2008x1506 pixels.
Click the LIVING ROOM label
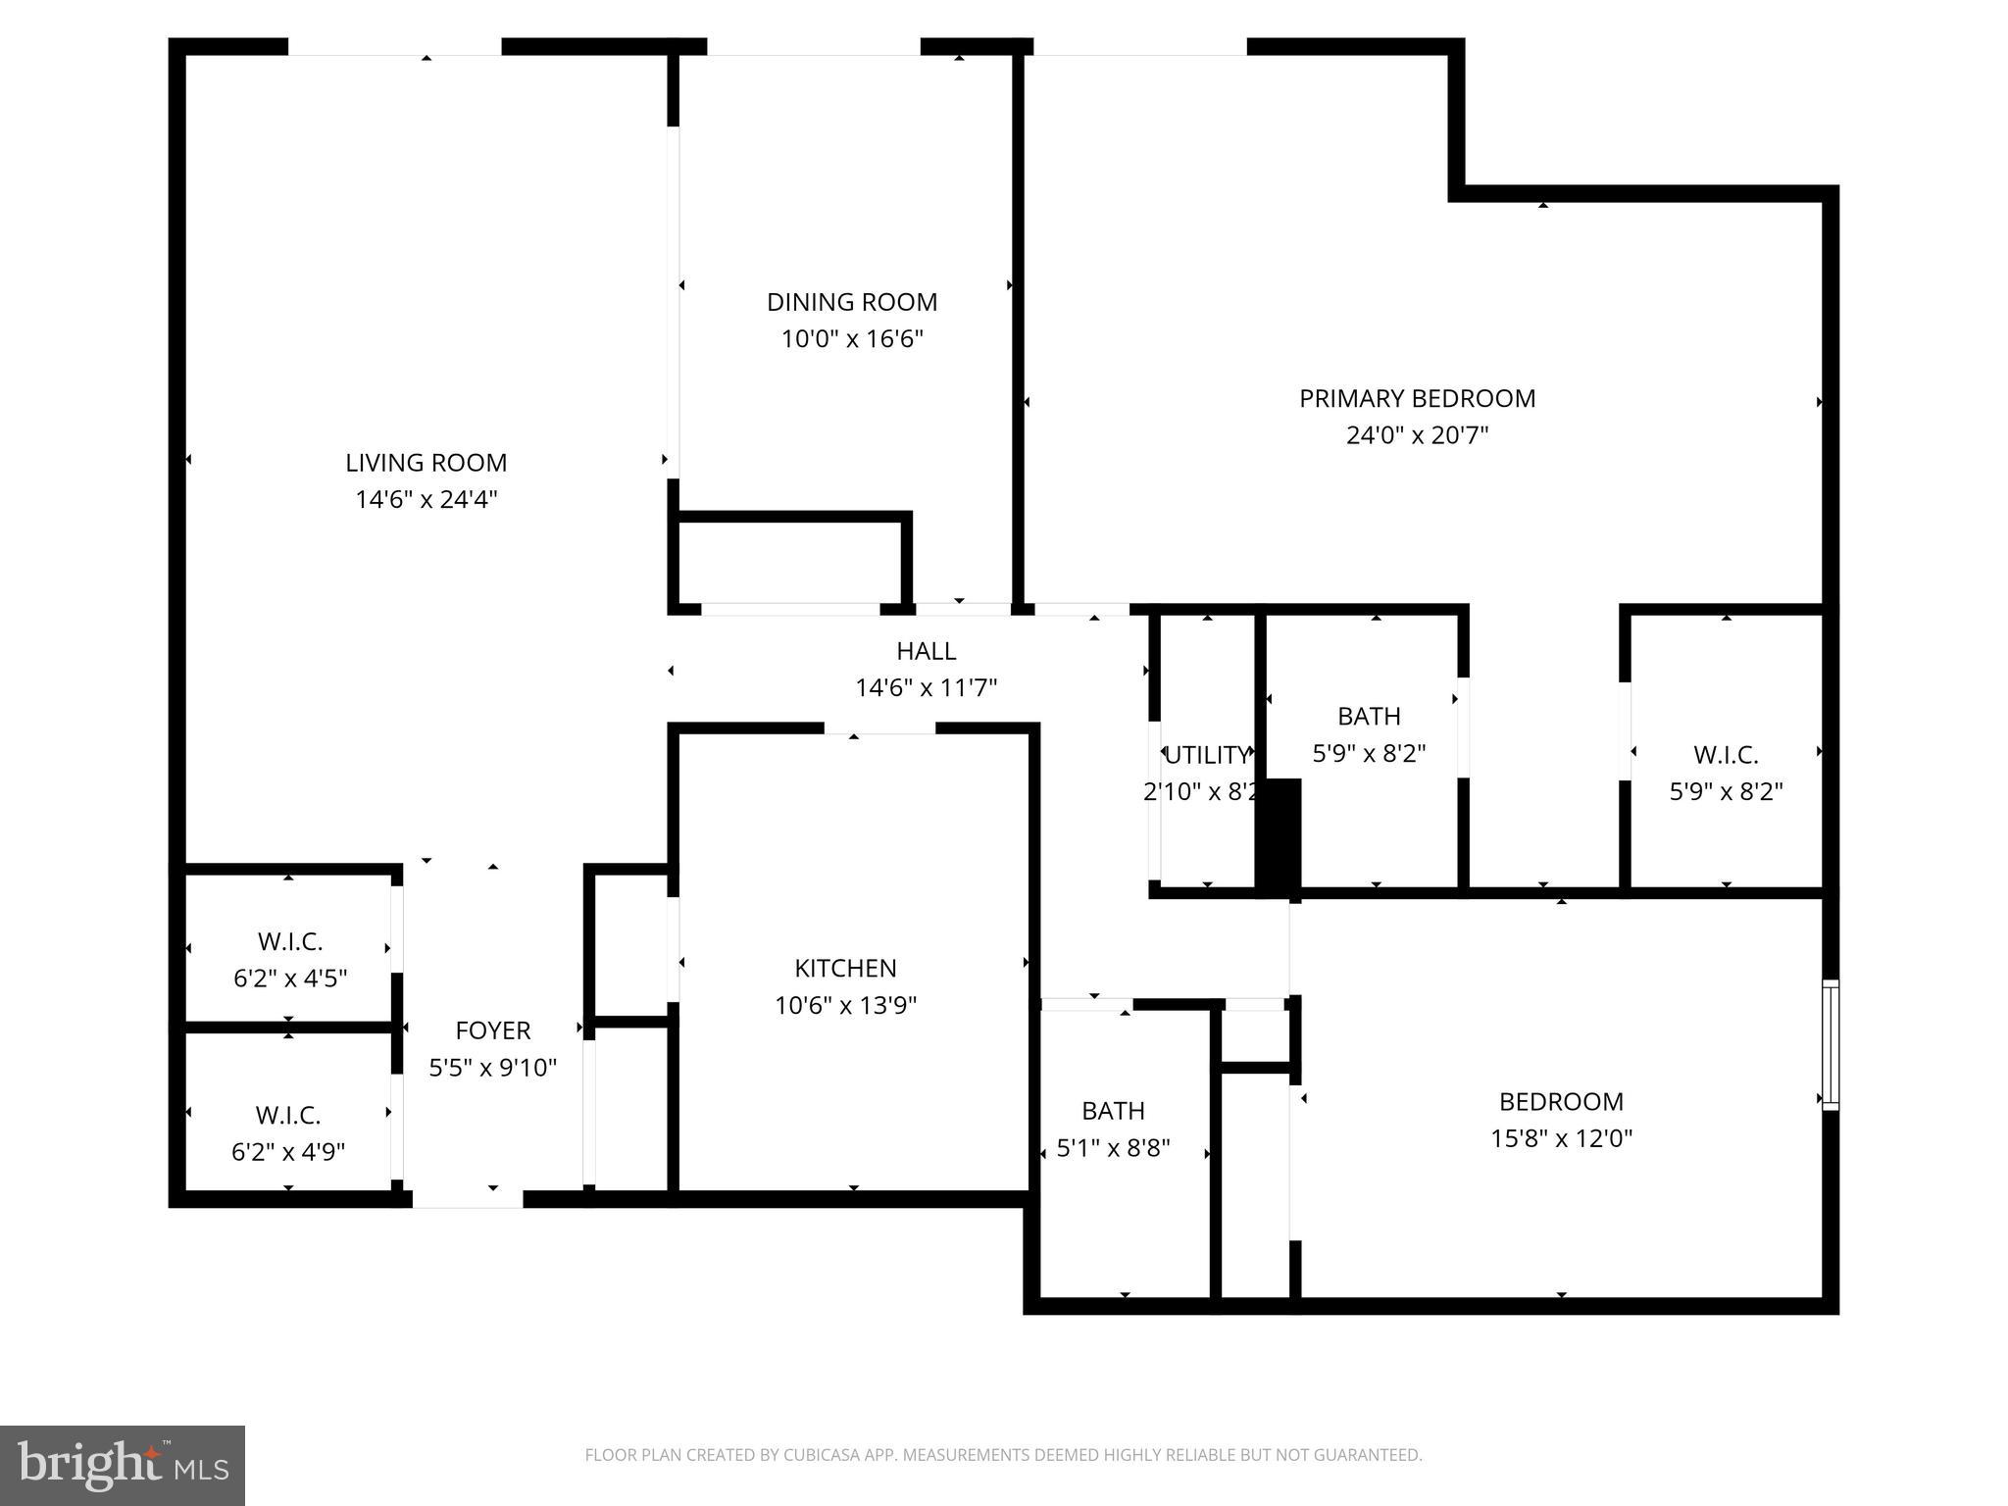pyautogui.click(x=426, y=463)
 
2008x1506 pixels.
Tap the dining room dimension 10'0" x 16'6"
pyautogui.click(x=852, y=339)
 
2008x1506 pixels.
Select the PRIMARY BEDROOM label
pyautogui.click(x=1417, y=398)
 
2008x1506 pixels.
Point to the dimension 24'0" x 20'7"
pyautogui.click(x=1417, y=435)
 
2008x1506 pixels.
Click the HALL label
pyautogui.click(x=926, y=651)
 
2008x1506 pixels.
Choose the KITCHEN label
pyautogui.click(x=845, y=969)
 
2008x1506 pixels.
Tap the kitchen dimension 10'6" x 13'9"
pyautogui.click(x=845, y=1006)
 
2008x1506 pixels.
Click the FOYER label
pyautogui.click(x=492, y=1030)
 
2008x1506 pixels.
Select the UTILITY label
pyautogui.click(x=1207, y=755)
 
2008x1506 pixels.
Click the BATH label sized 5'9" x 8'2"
pyautogui.click(x=1369, y=717)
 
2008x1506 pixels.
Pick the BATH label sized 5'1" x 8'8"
pyautogui.click(x=1113, y=1111)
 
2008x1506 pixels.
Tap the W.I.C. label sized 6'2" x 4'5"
pyautogui.click(x=290, y=942)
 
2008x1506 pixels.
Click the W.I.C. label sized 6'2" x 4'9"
pyautogui.click(x=288, y=1116)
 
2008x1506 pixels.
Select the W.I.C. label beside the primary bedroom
pyautogui.click(x=1726, y=755)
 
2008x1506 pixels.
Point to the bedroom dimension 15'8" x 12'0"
pyautogui.click(x=1561, y=1139)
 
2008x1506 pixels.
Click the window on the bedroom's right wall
pyautogui.click(x=1830, y=1044)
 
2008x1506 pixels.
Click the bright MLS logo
pyautogui.click(x=122, y=1465)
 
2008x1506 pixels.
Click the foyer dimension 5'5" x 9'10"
pyautogui.click(x=492, y=1068)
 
